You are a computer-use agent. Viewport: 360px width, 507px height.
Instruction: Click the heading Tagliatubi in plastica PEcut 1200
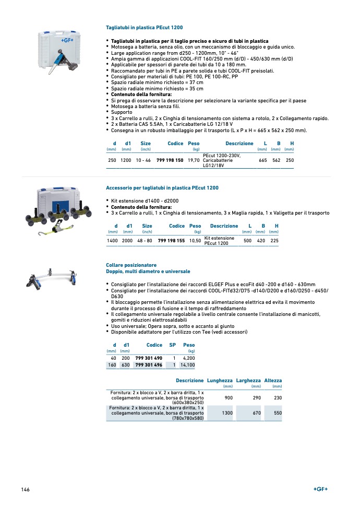click(144, 27)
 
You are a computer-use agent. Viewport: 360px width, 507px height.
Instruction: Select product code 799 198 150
click(170, 160)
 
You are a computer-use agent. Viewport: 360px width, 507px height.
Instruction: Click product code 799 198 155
click(171, 240)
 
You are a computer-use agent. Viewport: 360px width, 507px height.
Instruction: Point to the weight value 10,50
click(195, 240)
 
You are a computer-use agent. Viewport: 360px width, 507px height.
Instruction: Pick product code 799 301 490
click(149, 358)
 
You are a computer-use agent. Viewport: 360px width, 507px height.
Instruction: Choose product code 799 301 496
click(149, 365)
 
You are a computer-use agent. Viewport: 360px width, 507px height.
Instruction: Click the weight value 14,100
click(187, 365)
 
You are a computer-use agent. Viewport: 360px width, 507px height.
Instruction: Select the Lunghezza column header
click(220, 381)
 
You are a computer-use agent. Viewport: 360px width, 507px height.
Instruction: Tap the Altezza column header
click(273, 381)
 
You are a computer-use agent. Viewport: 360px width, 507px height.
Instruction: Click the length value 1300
click(227, 412)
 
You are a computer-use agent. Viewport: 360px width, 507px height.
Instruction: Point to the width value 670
click(256, 412)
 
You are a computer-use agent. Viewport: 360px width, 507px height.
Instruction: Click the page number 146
click(25, 489)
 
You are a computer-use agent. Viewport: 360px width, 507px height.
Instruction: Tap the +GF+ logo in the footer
click(320, 489)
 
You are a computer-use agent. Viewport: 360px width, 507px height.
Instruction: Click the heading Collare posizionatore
click(131, 265)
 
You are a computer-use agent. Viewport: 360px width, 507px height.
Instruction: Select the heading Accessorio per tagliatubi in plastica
click(162, 188)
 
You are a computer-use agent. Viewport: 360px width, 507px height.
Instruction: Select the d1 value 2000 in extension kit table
click(127, 240)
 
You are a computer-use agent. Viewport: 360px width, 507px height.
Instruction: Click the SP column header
click(173, 345)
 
